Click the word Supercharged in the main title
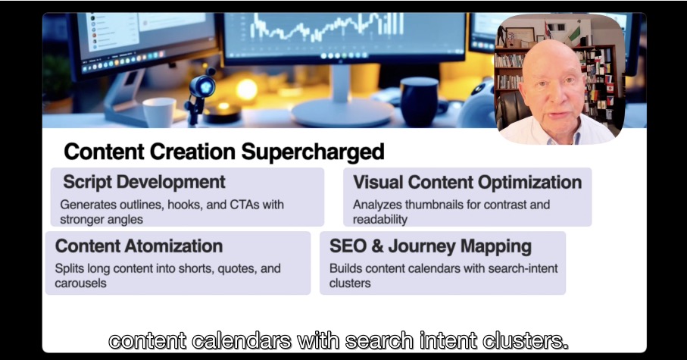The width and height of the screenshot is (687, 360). pyautogui.click(x=313, y=152)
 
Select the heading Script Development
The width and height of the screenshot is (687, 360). pyautogui.click(x=144, y=182)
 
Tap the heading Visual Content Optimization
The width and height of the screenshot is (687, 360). pyautogui.click(x=467, y=183)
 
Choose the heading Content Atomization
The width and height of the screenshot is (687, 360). pyautogui.click(x=139, y=246)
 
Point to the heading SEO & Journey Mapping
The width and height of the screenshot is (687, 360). pyautogui.click(x=430, y=246)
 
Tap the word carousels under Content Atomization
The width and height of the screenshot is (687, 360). pyautogui.click(x=80, y=283)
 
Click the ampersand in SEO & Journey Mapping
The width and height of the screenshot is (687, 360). pyautogui.click(x=378, y=246)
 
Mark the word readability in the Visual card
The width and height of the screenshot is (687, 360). pyautogui.click(x=380, y=220)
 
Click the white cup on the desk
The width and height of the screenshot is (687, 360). pyautogui.click(x=159, y=112)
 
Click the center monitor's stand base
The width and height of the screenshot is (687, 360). pyautogui.click(x=342, y=113)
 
